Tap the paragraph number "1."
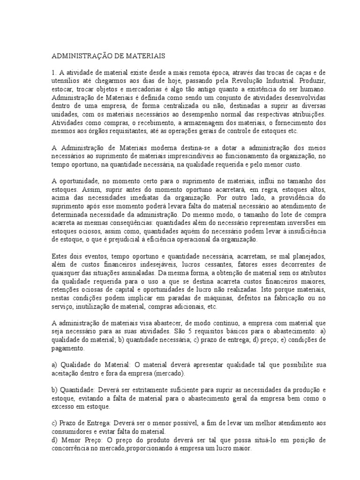pyautogui.click(x=54, y=73)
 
